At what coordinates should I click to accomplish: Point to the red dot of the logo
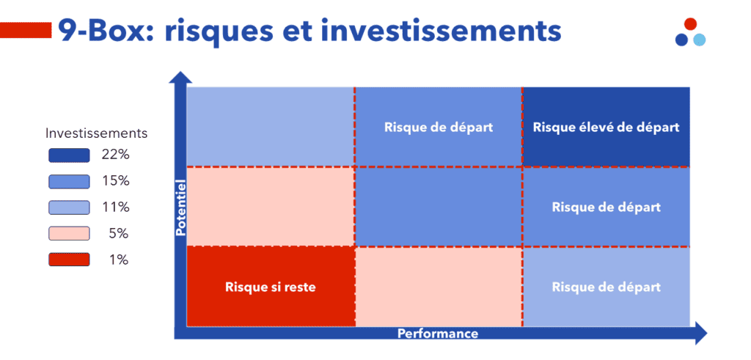pos(690,23)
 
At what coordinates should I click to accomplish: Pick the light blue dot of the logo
pos(699,40)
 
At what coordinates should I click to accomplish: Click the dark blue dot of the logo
pos(681,40)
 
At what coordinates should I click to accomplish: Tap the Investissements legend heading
pos(96,133)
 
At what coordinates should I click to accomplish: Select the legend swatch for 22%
pos(69,155)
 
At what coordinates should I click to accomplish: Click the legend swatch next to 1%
pos(69,260)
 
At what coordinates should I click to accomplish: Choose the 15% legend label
pos(115,181)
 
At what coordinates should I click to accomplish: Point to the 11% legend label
pos(115,207)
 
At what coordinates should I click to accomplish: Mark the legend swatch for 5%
pos(69,234)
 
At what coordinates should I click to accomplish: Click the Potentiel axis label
pos(180,207)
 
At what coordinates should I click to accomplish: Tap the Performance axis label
pos(438,333)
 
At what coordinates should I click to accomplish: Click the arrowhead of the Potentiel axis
pos(180,76)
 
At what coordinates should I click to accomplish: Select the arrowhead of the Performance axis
pos(700,333)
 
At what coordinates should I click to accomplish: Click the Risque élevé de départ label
pos(606,128)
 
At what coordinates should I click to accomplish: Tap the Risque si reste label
pos(270,287)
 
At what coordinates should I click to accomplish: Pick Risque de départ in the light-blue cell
pos(606,287)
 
